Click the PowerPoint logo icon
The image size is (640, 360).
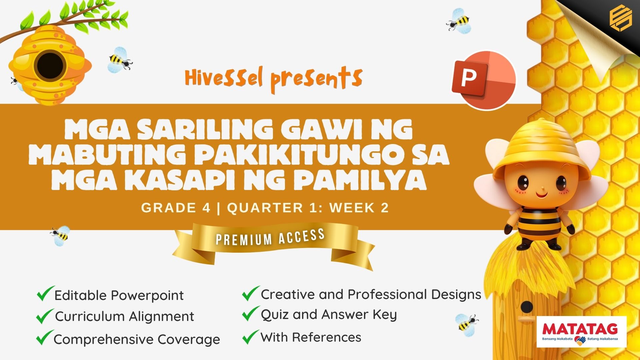point(484,80)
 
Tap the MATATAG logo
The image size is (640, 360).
point(582,332)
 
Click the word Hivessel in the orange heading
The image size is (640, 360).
point(224,78)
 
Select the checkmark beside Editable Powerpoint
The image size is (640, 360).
point(46,293)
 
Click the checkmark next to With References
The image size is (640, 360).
point(251,337)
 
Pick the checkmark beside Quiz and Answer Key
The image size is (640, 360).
point(251,314)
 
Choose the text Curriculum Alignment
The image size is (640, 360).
point(124,316)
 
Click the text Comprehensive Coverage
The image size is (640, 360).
point(137,339)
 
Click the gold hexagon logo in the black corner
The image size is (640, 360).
point(620,19)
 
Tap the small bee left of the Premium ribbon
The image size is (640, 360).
point(61,236)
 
